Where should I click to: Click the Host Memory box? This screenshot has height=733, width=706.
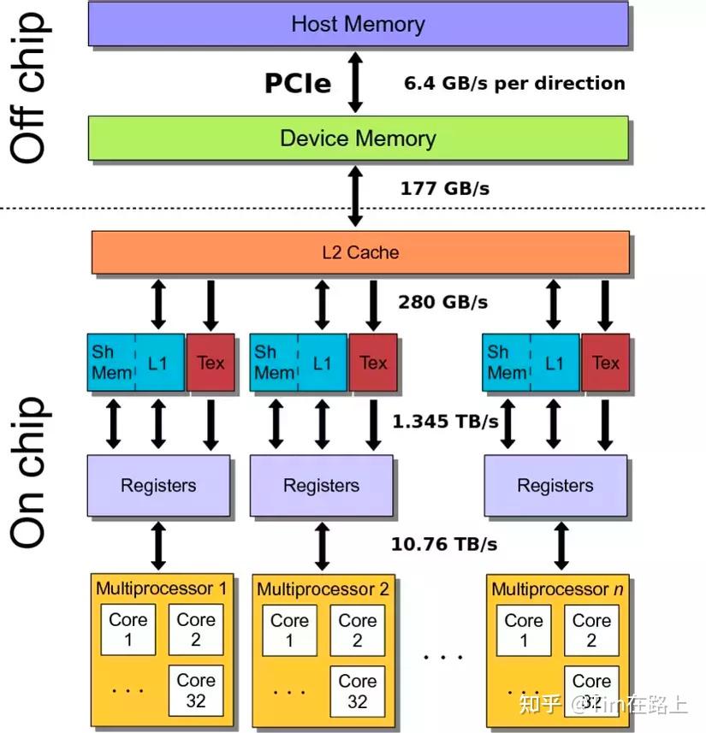358,23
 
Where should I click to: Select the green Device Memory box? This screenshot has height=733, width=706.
358,139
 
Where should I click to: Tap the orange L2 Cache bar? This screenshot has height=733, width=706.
359,252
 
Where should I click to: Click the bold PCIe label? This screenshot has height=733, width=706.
297,83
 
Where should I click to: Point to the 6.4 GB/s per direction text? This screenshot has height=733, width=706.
514,83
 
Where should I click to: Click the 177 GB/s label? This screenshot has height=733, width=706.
445,188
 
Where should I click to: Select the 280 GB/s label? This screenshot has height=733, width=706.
443,302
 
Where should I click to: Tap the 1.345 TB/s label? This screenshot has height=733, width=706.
445,421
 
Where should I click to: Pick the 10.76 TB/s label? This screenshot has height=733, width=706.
444,543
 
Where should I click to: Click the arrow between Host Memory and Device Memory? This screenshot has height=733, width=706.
356,81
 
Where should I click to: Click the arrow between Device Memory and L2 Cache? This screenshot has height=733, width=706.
356,197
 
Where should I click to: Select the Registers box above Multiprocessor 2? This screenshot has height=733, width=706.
322,486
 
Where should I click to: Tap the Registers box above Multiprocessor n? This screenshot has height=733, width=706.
555,486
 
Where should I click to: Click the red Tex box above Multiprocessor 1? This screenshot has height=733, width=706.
211,363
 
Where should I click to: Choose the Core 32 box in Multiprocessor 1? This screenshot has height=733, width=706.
196,690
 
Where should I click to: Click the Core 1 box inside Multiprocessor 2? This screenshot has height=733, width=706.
289,630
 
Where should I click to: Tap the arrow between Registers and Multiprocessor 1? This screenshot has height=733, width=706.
158,545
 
